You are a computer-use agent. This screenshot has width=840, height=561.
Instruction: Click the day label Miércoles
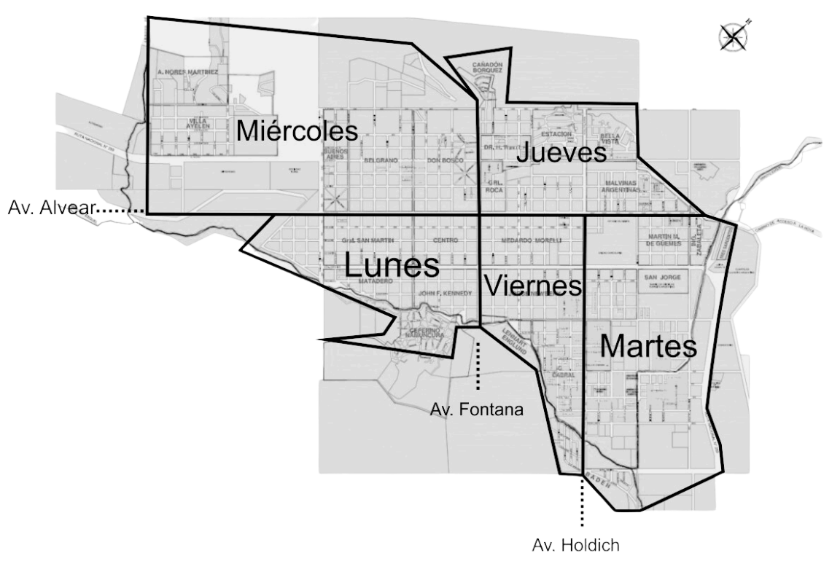pyautogui.click(x=297, y=130)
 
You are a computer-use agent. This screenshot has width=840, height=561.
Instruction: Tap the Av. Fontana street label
pyautogui.click(x=477, y=409)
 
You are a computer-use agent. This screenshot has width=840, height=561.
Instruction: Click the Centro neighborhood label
pyautogui.click(x=445, y=240)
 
